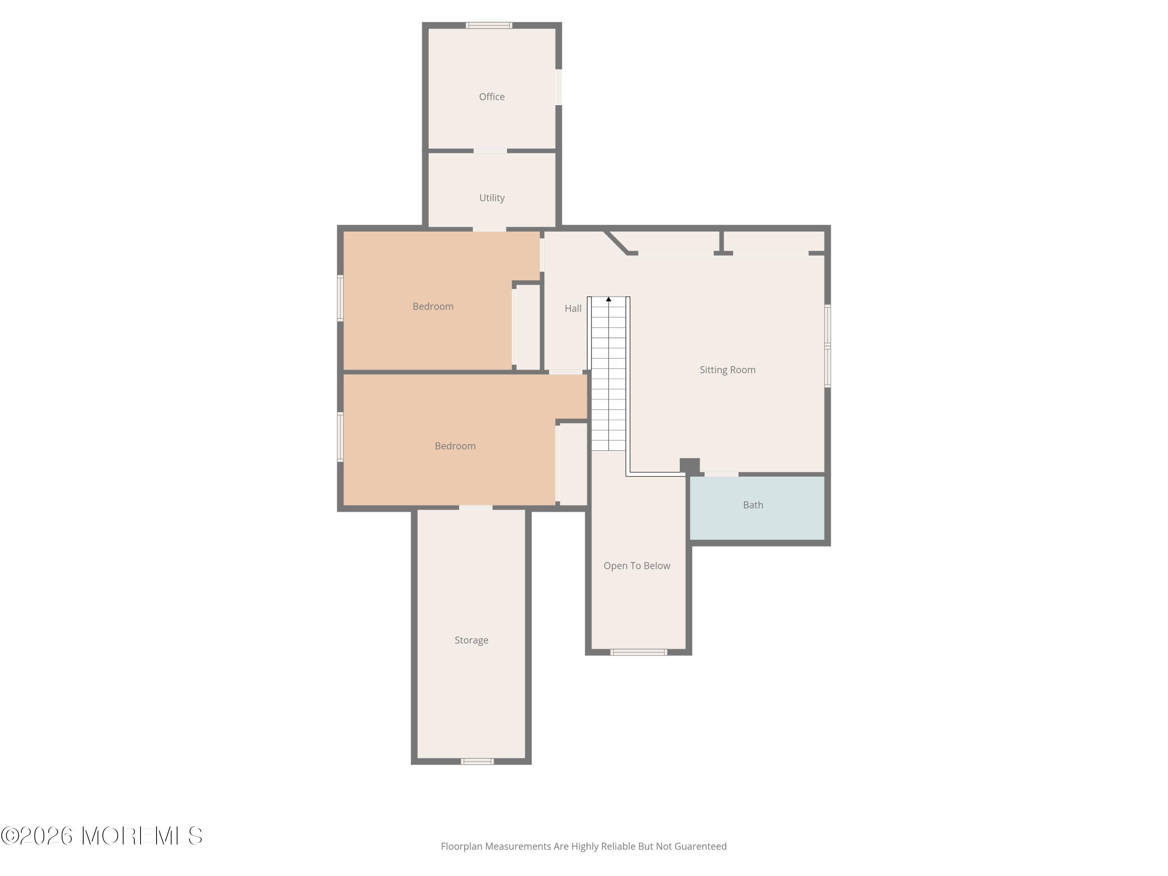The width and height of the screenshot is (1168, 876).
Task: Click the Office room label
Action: pyautogui.click(x=492, y=97)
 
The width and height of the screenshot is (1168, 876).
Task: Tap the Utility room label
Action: pyautogui.click(x=492, y=197)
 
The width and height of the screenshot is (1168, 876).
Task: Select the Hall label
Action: pyautogui.click(x=573, y=308)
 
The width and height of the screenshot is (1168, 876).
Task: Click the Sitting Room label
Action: pyautogui.click(x=727, y=369)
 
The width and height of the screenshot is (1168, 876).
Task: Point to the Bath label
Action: pyautogui.click(x=753, y=505)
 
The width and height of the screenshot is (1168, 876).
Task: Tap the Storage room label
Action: pyautogui.click(x=471, y=640)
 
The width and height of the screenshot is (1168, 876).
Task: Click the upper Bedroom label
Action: pyautogui.click(x=433, y=306)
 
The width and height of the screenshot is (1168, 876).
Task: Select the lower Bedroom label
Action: pyautogui.click(x=455, y=446)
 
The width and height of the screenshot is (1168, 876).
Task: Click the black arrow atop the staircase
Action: pyautogui.click(x=608, y=299)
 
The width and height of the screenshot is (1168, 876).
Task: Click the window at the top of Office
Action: pyautogui.click(x=489, y=25)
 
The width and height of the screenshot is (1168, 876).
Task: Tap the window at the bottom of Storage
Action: pyautogui.click(x=477, y=762)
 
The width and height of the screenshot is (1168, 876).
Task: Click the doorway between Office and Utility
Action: pyautogui.click(x=490, y=151)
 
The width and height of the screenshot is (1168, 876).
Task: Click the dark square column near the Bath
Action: pyautogui.click(x=689, y=466)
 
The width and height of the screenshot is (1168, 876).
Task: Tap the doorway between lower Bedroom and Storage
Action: pyautogui.click(x=475, y=508)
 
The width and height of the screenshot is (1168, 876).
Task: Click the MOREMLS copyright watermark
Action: pyautogui.click(x=101, y=836)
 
